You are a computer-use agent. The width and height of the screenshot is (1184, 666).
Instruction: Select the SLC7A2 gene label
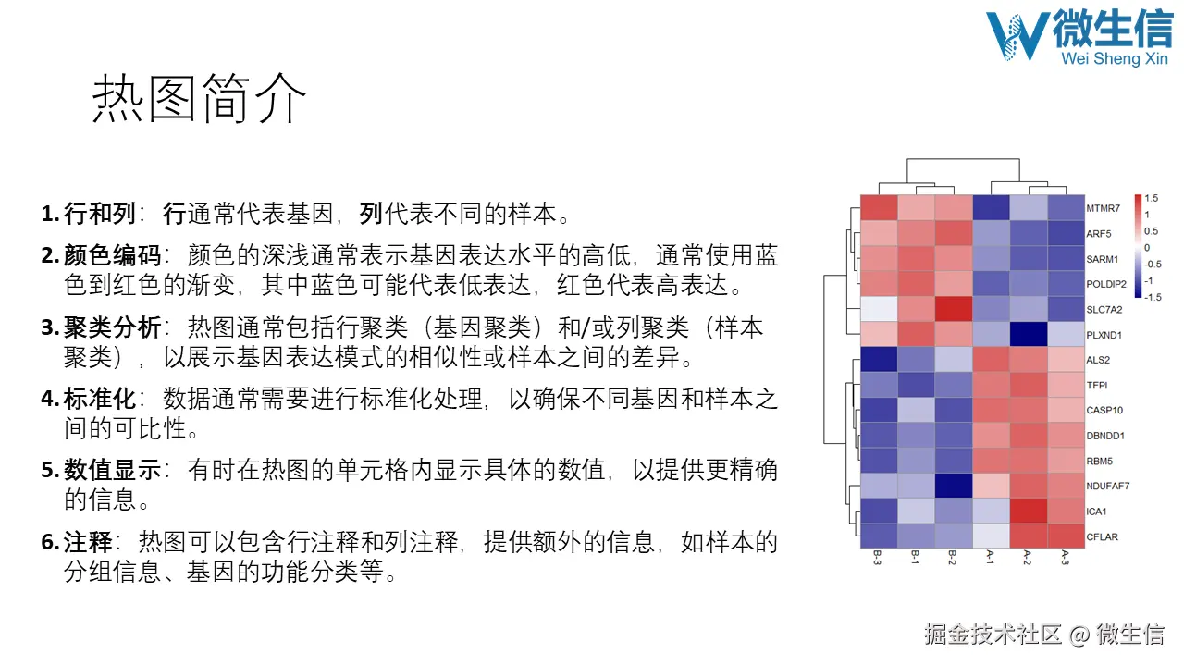coord(1103,309)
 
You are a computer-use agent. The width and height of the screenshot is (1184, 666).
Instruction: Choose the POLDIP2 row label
coord(1104,284)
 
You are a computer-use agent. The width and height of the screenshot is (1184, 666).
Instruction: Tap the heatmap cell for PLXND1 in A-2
coord(1027,334)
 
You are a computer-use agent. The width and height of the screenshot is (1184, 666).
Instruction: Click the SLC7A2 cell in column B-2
coord(952,309)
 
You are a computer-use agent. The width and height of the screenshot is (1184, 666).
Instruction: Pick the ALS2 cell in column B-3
coord(878,359)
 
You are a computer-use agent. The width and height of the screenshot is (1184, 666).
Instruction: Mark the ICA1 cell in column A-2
coord(1027,511)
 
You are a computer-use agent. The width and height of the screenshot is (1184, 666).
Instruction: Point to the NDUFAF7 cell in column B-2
coord(952,486)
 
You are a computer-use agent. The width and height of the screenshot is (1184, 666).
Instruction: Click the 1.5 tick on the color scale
coord(1152,198)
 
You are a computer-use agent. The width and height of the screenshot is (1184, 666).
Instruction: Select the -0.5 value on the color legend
coord(1153,264)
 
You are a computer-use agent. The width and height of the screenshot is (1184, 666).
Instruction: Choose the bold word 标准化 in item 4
coord(100,399)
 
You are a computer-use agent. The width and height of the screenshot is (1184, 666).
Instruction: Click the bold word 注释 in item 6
coord(88,543)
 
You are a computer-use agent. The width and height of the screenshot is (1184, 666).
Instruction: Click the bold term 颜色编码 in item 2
coord(113,255)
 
